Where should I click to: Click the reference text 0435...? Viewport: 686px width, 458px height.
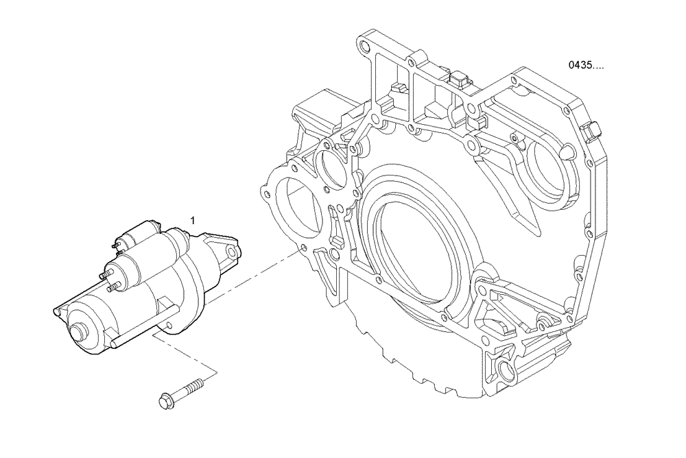[585, 66]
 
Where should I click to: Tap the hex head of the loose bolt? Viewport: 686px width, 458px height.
[164, 399]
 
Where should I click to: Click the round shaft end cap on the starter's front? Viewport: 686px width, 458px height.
[81, 333]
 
